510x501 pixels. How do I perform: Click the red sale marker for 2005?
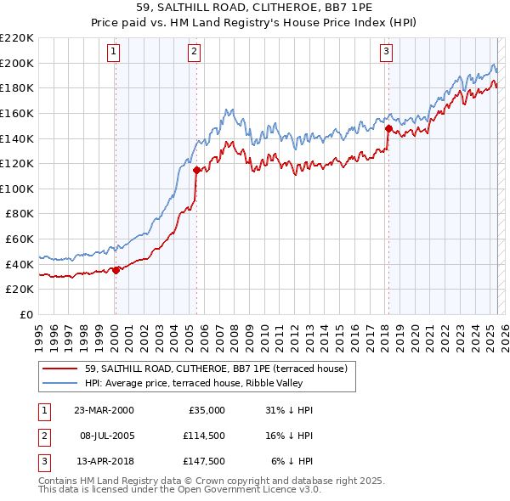click(x=197, y=171)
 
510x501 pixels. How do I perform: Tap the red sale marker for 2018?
click(x=388, y=129)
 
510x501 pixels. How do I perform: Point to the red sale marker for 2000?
click(x=116, y=270)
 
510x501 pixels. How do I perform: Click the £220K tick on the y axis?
click(x=17, y=38)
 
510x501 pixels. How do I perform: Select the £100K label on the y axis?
click(x=17, y=189)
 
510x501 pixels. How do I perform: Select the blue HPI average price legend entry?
click(x=212, y=383)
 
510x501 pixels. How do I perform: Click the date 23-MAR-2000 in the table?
click(x=104, y=410)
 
